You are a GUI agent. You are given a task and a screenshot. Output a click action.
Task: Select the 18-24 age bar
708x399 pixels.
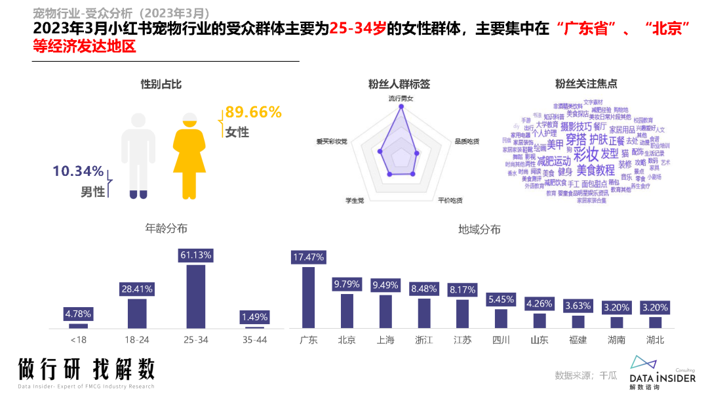pyautogui.click(x=137, y=313)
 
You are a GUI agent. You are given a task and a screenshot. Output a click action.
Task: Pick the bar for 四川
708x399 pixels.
pyautogui.click(x=501, y=318)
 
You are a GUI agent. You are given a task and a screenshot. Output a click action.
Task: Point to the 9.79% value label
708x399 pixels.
pyautogui.click(x=347, y=284)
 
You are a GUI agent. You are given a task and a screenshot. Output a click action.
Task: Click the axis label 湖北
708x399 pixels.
pyautogui.click(x=655, y=340)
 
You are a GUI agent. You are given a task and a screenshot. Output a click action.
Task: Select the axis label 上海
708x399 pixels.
pyautogui.click(x=385, y=340)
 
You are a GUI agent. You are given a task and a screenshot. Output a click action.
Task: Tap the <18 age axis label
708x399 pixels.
pyautogui.click(x=78, y=340)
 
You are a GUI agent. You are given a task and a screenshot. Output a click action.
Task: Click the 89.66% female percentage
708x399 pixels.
pyautogui.click(x=253, y=112)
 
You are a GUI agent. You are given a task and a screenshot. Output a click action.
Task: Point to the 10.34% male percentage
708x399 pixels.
pyautogui.click(x=78, y=172)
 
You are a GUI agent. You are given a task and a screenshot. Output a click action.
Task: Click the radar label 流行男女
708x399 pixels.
pyautogui.click(x=401, y=98)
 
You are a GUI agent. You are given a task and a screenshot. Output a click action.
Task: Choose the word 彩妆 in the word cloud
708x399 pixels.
pyautogui.click(x=586, y=154)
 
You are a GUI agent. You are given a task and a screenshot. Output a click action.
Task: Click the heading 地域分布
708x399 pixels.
pyautogui.click(x=479, y=229)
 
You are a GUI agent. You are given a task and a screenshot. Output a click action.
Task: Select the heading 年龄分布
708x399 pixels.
pyautogui.click(x=166, y=228)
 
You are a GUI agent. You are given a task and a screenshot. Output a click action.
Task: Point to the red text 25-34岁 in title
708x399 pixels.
pyautogui.click(x=357, y=29)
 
